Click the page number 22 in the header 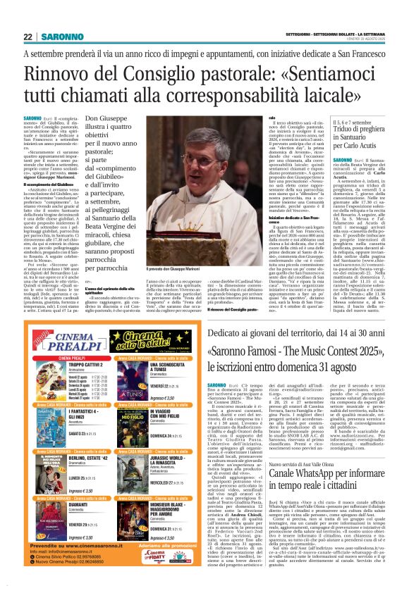coord(28,37)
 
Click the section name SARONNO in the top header coord(63,37)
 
